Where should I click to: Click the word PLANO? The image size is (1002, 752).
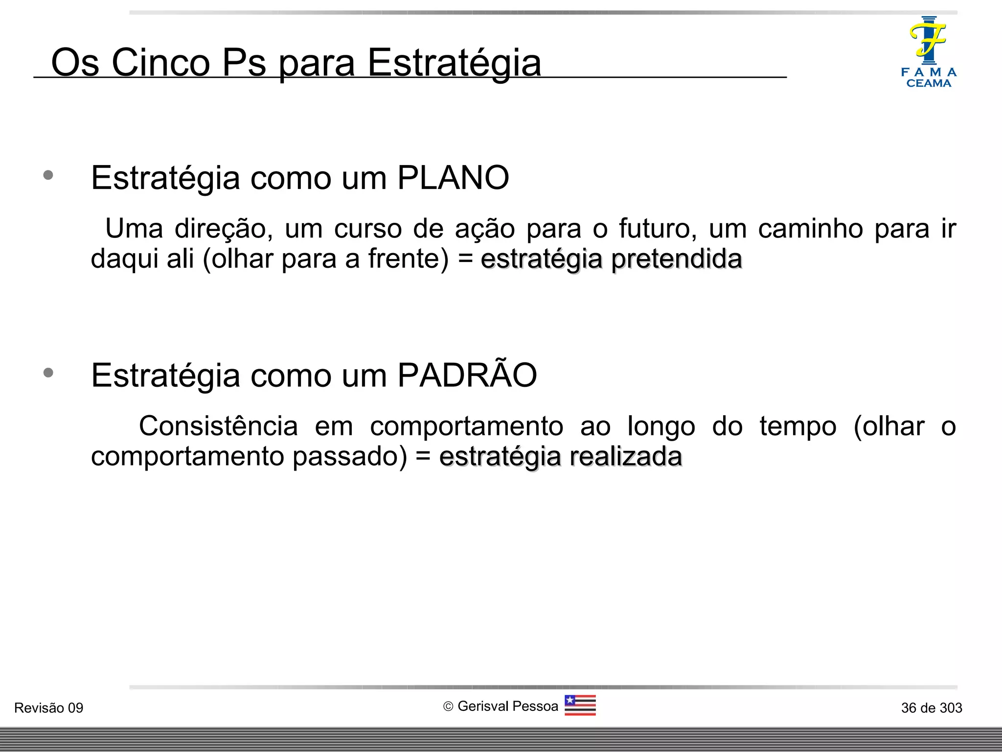(x=453, y=178)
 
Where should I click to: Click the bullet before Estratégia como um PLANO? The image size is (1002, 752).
(x=48, y=175)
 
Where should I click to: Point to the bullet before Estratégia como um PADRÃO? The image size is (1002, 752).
(x=48, y=373)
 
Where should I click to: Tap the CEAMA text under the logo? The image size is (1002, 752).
(x=929, y=84)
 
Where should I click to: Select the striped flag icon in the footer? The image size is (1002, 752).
(x=580, y=705)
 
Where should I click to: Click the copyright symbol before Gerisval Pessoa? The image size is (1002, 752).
(x=448, y=706)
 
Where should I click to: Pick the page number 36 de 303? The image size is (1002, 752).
(x=932, y=708)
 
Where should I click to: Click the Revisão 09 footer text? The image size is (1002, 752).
(x=49, y=708)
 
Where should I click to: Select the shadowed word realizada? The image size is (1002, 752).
(x=626, y=457)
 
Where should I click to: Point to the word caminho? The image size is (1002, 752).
(x=810, y=229)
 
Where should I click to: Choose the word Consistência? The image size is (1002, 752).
(x=218, y=426)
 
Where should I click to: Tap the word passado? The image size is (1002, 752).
(x=349, y=457)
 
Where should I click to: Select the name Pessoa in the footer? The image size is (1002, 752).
(x=536, y=706)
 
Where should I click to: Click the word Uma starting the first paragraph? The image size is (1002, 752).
(x=134, y=229)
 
